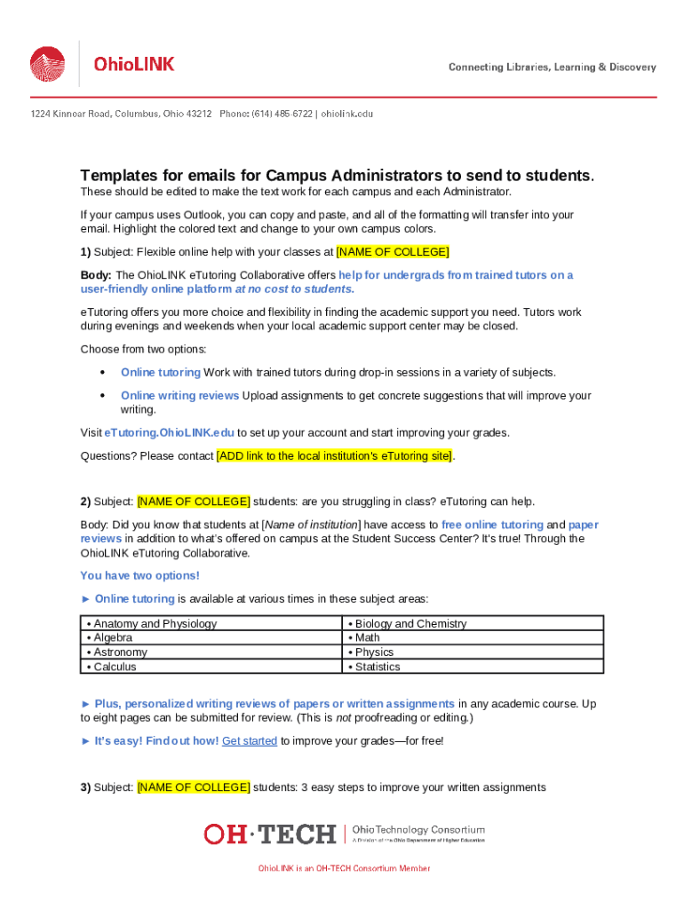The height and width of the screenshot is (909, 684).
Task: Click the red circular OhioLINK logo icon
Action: pos(48,64)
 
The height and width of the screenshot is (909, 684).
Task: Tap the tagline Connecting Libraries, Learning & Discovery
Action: pos(552,67)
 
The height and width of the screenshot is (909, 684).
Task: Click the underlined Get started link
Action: pos(250,740)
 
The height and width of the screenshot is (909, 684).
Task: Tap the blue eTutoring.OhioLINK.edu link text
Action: pos(170,432)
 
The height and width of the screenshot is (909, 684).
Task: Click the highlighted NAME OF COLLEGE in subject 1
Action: pos(393,251)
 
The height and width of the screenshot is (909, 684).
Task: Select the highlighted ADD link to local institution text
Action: pos(335,455)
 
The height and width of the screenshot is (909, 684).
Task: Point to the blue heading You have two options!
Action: pos(140,575)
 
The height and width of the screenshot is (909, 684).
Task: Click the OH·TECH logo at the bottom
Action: pos(270,834)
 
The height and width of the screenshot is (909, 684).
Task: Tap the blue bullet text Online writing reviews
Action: pos(180,395)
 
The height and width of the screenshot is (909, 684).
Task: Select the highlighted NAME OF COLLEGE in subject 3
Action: pos(194,786)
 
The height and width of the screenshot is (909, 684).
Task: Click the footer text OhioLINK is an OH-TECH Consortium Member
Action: pos(344,868)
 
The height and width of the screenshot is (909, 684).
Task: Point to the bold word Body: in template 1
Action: pos(96,275)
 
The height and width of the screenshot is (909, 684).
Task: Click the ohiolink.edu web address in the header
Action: pos(347,115)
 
